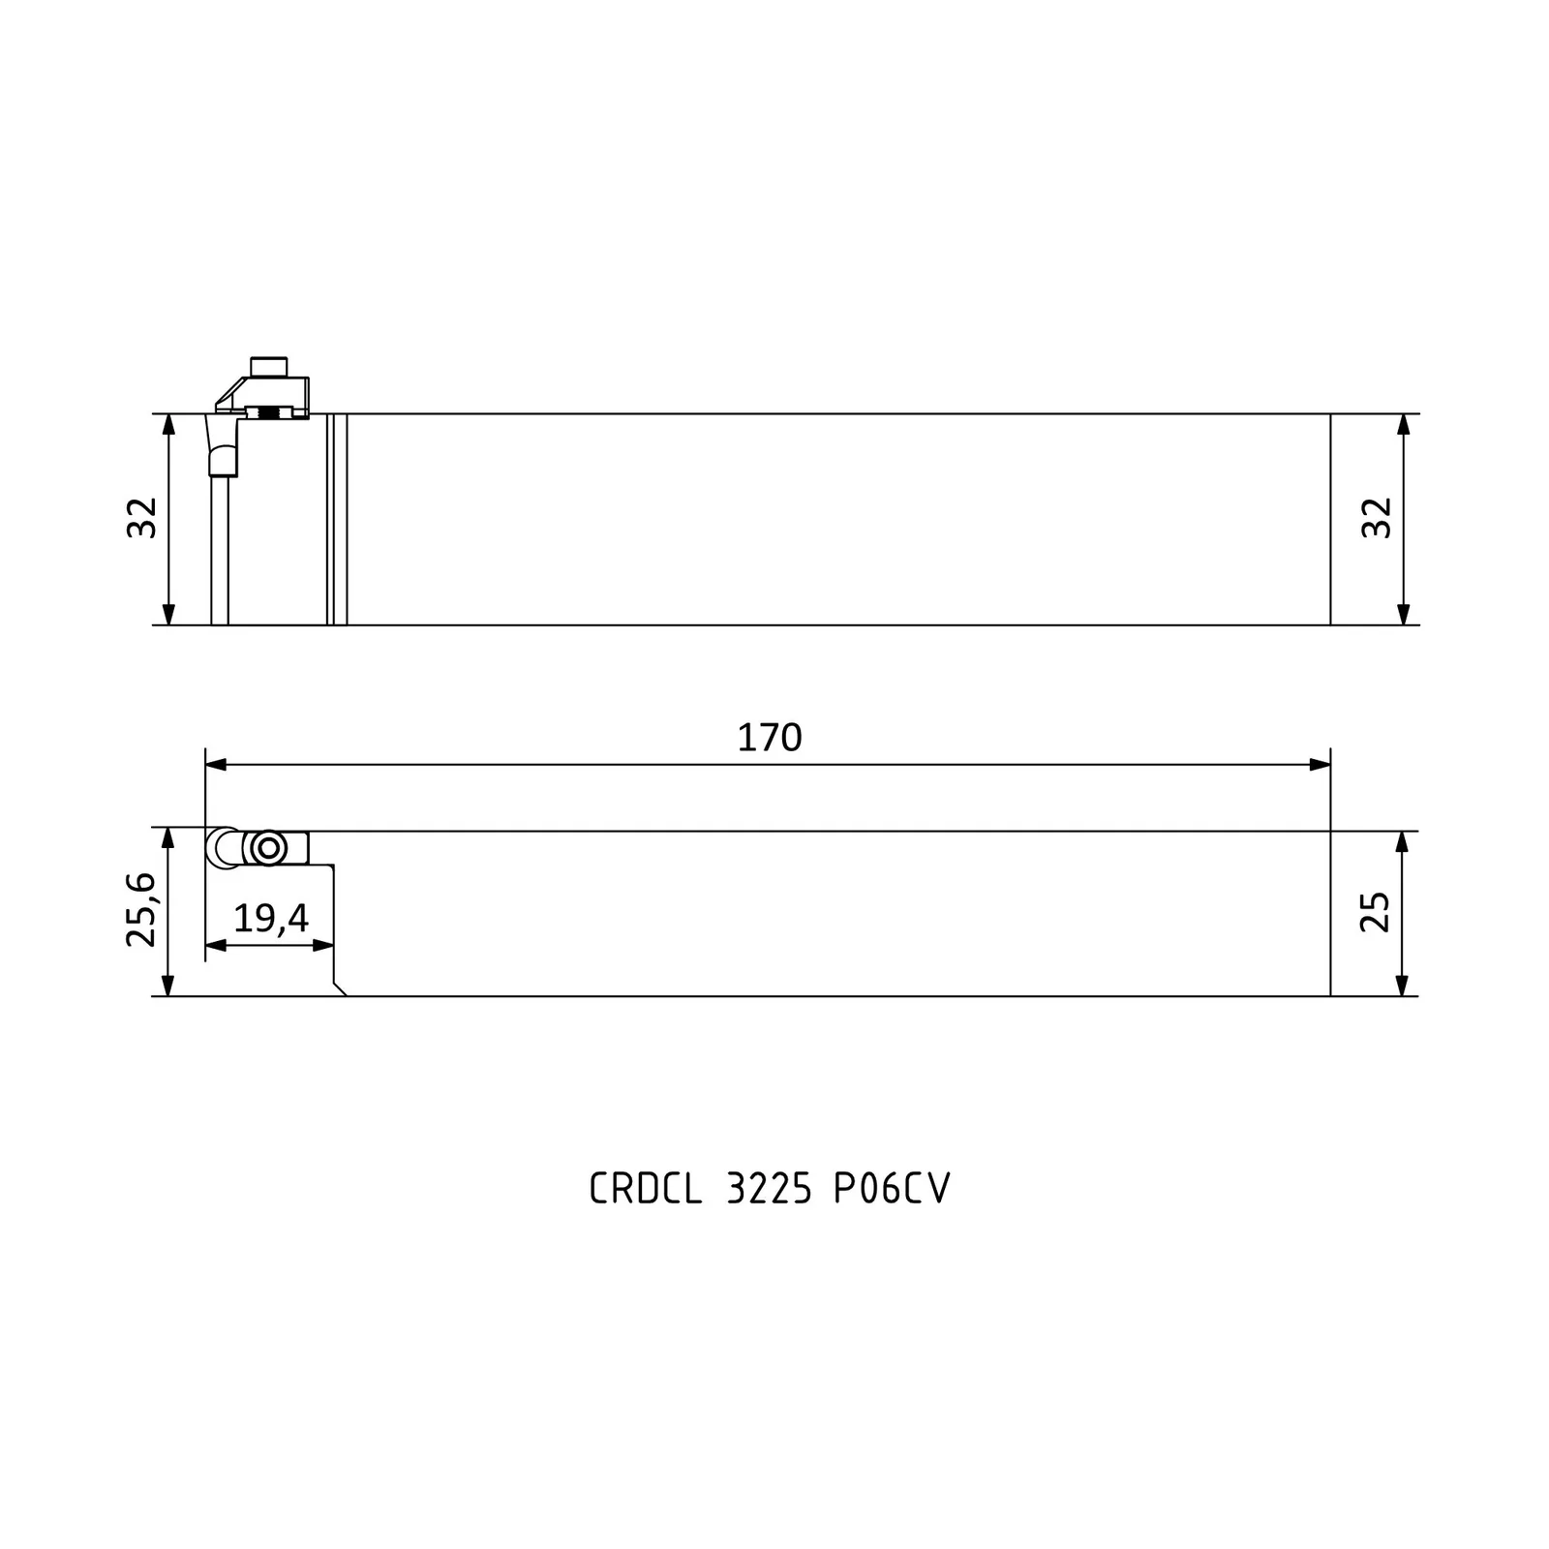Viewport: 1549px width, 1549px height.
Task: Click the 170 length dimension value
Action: click(x=770, y=739)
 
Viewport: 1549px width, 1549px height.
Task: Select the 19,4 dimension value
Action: click(x=271, y=918)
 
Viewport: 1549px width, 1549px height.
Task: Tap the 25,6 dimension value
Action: click(x=141, y=909)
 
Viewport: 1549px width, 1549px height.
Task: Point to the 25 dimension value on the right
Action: click(x=1376, y=912)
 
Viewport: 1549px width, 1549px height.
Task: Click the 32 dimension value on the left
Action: click(x=141, y=518)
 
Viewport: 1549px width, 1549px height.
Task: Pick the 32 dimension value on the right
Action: click(x=1377, y=518)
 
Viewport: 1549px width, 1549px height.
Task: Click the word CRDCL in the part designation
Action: click(x=646, y=1189)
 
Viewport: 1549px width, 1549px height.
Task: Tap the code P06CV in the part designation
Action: click(x=892, y=1189)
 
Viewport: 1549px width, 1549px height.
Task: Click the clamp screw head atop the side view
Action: click(x=269, y=367)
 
